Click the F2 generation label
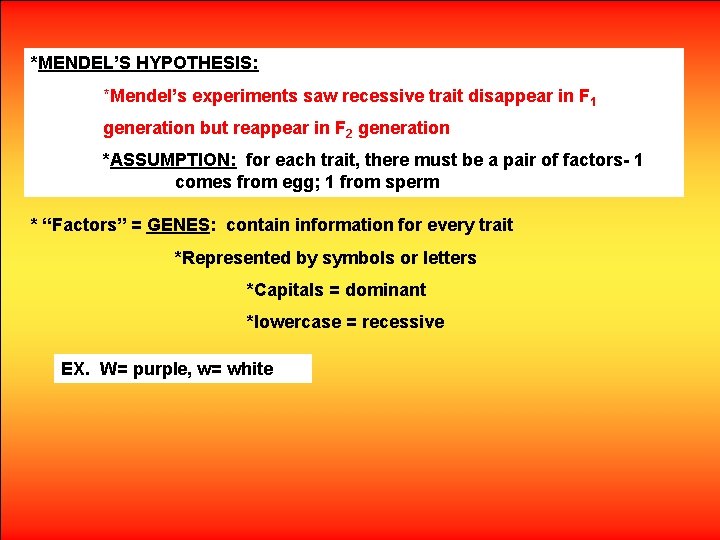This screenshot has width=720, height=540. (x=342, y=129)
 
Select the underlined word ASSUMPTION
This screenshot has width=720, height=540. (x=173, y=160)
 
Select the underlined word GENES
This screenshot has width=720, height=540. (x=179, y=225)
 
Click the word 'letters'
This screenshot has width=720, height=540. (x=450, y=258)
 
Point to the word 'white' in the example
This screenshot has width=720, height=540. (x=250, y=369)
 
